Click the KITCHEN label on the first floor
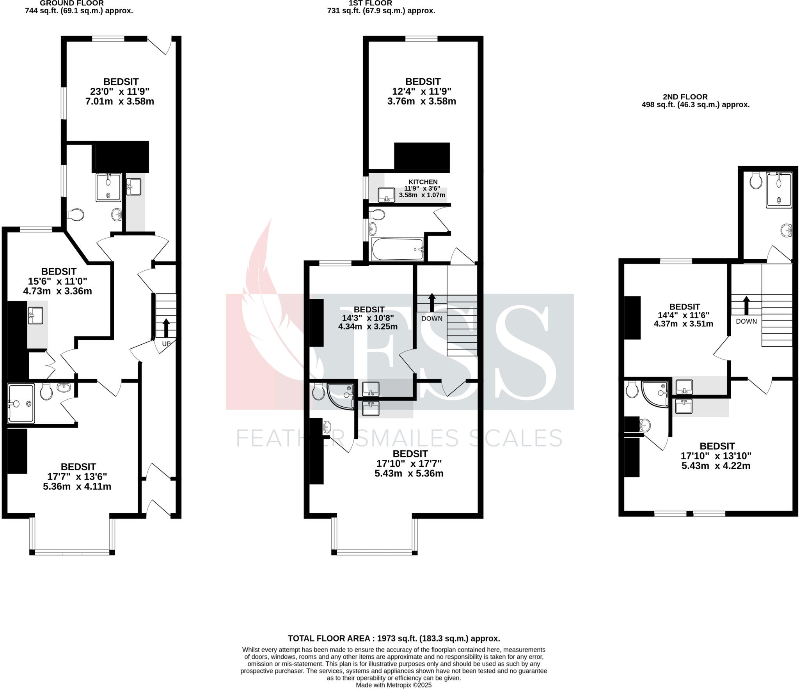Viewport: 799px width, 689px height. click(x=423, y=182)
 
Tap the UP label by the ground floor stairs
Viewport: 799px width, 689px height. click(x=166, y=344)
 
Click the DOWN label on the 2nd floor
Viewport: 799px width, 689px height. click(x=746, y=321)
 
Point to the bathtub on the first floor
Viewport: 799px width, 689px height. click(x=398, y=249)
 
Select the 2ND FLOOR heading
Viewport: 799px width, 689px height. click(x=685, y=97)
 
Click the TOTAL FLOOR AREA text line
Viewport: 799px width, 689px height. click(x=394, y=638)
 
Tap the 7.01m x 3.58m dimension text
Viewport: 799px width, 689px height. click(x=120, y=101)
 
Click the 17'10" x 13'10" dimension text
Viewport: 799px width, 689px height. click(x=716, y=456)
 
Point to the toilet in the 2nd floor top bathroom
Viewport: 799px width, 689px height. click(x=756, y=181)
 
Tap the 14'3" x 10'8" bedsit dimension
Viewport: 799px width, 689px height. click(x=368, y=318)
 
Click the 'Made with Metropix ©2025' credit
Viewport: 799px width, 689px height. click(x=394, y=685)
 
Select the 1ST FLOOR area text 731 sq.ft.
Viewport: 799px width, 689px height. click(x=381, y=11)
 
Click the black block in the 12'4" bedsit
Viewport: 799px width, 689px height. click(x=422, y=157)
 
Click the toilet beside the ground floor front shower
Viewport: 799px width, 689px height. click(x=46, y=391)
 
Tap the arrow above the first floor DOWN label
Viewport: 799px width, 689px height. click(x=432, y=302)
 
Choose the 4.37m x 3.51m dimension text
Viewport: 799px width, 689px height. click(x=684, y=324)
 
